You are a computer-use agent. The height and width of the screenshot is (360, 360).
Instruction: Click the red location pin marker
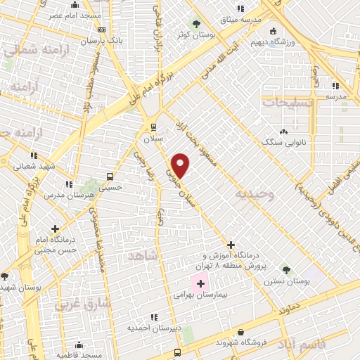pyautogui.click(x=181, y=165)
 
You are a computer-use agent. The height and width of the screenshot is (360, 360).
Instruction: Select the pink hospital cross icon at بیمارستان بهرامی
pyautogui.click(x=201, y=284)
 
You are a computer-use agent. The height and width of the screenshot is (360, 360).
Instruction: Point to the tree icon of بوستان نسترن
pyautogui.click(x=285, y=269)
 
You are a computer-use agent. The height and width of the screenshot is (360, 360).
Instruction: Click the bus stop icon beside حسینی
pyautogui.click(x=110, y=176)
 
